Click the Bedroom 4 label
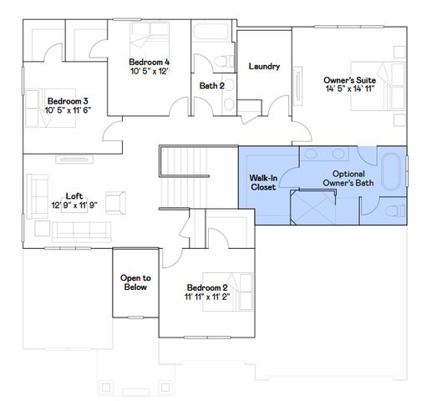(x=150, y=62)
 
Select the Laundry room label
(x=264, y=67)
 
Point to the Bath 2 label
(x=211, y=84)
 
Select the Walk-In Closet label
(x=263, y=182)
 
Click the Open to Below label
(x=135, y=282)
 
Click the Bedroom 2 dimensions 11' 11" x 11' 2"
(x=207, y=296)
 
